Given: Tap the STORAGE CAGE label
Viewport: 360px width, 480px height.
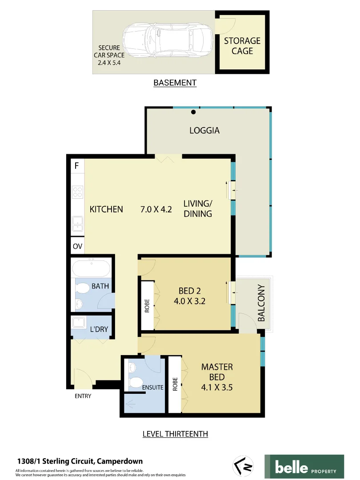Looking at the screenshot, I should (242, 46).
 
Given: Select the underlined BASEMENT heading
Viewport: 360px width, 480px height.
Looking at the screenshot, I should (175, 83).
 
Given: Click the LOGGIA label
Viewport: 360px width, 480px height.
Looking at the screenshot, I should (204, 131).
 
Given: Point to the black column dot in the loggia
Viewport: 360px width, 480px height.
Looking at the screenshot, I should (193, 112).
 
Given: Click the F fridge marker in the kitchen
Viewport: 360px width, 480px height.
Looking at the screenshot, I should (77, 166).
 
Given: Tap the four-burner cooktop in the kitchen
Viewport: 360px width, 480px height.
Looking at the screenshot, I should (77, 192).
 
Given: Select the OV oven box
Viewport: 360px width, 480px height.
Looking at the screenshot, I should (77, 246).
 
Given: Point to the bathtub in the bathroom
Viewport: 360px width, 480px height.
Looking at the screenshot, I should (91, 269).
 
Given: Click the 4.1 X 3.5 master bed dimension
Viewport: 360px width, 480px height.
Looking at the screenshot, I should (217, 387).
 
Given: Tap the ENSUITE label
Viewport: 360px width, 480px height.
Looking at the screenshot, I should (153, 388).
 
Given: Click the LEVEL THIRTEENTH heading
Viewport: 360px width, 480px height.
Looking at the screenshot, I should (175, 434).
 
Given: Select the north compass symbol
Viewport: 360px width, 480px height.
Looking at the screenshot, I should (242, 465).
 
